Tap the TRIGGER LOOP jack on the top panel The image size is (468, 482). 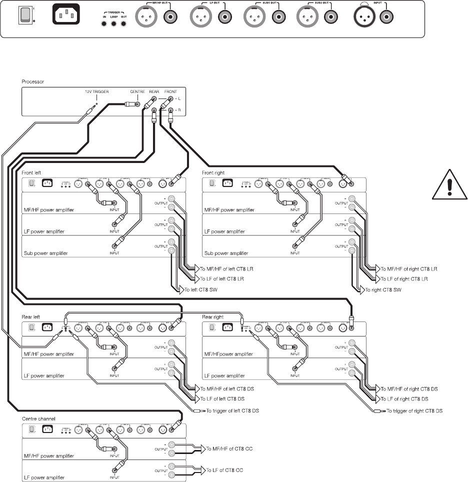pos(114,24)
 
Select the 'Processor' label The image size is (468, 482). pos(32,81)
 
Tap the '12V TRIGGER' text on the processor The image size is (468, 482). pos(97,92)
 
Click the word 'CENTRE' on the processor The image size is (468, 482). pos(137,92)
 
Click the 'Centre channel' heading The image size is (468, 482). pos(38,418)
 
